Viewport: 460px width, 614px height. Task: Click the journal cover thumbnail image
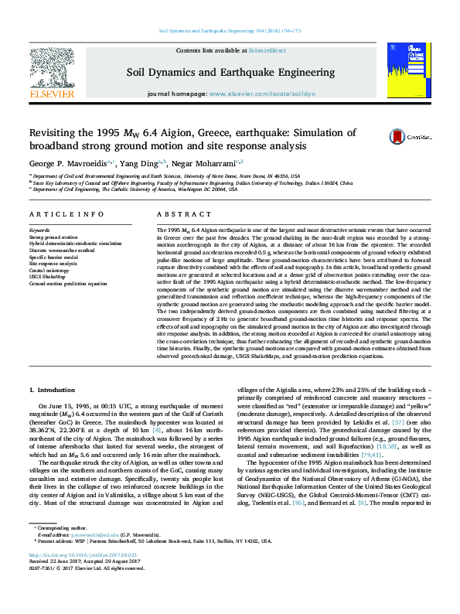click(408, 70)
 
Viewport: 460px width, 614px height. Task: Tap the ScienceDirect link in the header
click(267, 50)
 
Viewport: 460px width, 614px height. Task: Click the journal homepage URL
click(262, 94)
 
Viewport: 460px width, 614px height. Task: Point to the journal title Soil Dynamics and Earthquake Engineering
click(230, 73)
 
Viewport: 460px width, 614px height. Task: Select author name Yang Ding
click(140, 164)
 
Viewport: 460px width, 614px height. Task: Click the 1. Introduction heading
click(56, 391)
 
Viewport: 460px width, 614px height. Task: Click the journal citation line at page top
click(230, 30)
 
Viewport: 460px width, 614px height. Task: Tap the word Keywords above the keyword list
click(39, 230)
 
